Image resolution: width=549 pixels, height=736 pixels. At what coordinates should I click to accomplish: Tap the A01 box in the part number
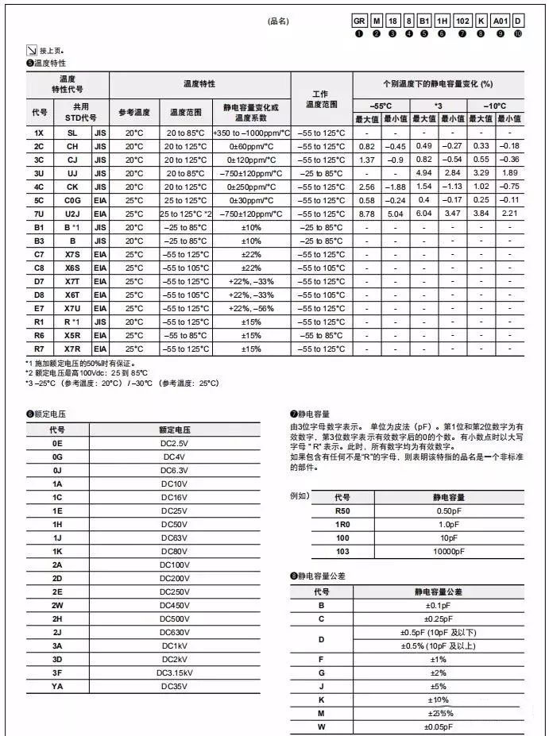(500, 21)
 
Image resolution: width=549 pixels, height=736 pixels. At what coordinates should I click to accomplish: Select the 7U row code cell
(39, 214)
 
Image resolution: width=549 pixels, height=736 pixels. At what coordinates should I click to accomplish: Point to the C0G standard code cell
(72, 200)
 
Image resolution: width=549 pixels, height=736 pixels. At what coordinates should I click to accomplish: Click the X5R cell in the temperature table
(72, 335)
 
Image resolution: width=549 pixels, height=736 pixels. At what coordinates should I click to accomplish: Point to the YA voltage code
(57, 685)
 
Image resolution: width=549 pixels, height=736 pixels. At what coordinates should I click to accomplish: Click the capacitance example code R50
(342, 510)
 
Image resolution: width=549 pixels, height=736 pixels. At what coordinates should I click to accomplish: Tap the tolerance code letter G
(322, 672)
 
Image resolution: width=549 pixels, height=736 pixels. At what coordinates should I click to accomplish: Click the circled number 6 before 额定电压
(29, 414)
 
